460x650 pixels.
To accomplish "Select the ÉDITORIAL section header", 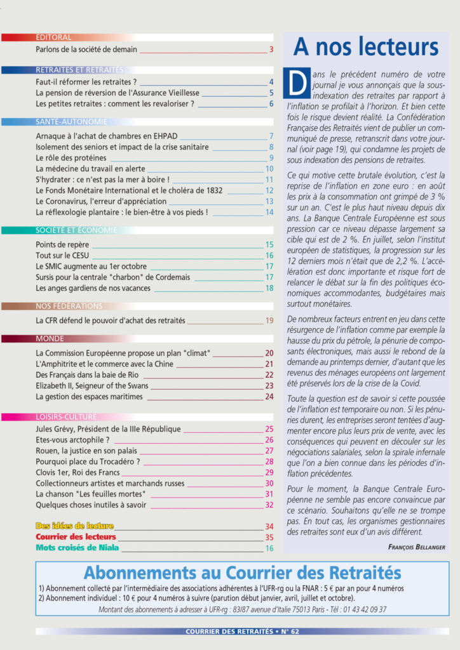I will click(x=54, y=37).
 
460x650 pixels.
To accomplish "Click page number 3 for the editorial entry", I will click(x=271, y=49).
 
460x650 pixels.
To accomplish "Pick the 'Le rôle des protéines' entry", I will click(x=71, y=158).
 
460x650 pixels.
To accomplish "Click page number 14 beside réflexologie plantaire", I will click(x=269, y=212).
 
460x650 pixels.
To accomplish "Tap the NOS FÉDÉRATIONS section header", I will click(x=69, y=306).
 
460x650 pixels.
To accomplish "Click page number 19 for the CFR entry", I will click(x=269, y=321).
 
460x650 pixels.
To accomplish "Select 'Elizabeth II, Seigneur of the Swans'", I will click(x=92, y=385).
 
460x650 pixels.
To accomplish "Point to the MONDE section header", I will click(x=50, y=338).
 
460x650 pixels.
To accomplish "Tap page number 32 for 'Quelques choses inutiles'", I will click(x=269, y=505).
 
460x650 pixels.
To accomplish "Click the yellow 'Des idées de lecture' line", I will click(x=75, y=526).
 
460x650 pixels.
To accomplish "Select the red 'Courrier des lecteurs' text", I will click(x=76, y=536).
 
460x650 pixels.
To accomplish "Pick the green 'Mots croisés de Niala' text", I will click(x=78, y=547).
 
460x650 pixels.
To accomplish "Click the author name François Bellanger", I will click(x=416, y=547).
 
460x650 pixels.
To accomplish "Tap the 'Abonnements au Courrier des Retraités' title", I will click(x=242, y=573).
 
